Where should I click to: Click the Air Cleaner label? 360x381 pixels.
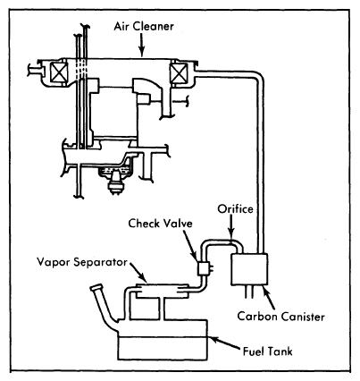[144, 26]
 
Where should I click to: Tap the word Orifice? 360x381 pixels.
[235, 208]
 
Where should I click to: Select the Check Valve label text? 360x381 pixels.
[160, 224]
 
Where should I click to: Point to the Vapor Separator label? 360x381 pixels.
[82, 262]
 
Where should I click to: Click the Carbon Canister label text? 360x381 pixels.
[280, 317]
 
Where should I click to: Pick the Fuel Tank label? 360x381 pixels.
[268, 351]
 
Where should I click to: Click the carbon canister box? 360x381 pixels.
[249, 269]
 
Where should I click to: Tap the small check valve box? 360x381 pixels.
[204, 268]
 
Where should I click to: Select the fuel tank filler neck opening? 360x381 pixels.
[96, 288]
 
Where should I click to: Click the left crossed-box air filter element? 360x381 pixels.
[59, 73]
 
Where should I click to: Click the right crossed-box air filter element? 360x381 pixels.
[179, 73]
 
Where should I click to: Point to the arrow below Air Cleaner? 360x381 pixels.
[142, 45]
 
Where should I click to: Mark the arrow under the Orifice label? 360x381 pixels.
[231, 229]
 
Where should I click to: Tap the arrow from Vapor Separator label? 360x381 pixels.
[138, 272]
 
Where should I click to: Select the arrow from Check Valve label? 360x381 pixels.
[189, 245]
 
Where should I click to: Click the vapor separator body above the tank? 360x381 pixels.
[163, 290]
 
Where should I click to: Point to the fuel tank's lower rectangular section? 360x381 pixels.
[163, 348]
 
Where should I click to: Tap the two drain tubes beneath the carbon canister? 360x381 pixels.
[249, 292]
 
